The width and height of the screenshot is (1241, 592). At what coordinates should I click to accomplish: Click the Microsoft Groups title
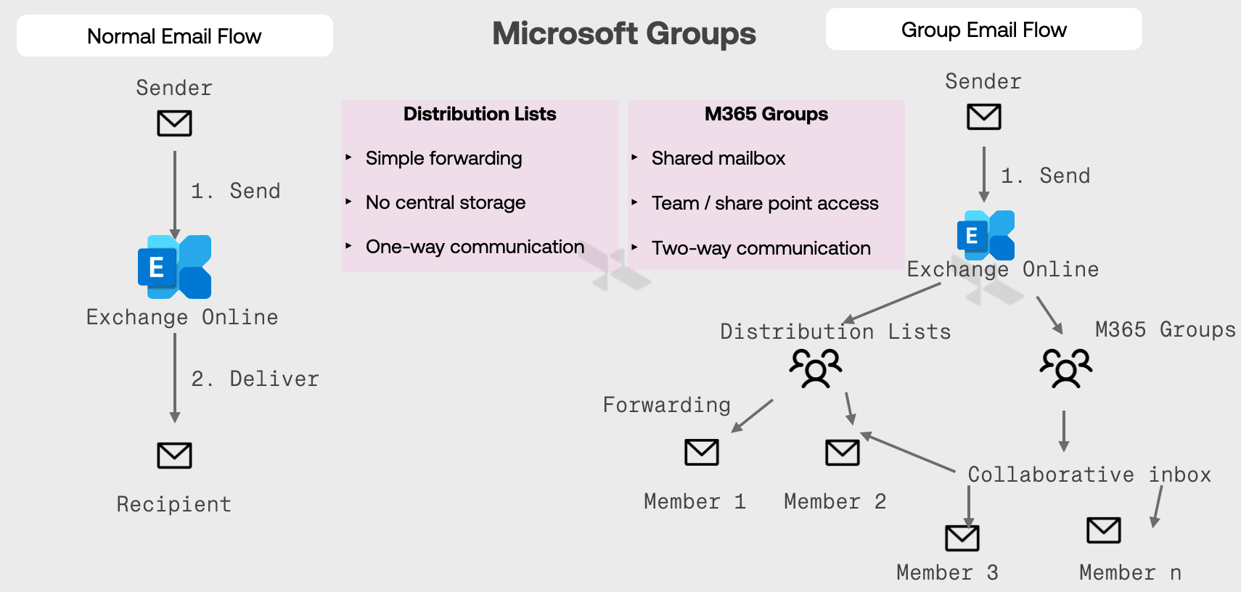pyautogui.click(x=623, y=33)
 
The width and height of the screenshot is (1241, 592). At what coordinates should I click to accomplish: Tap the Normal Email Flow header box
pyautogui.click(x=174, y=36)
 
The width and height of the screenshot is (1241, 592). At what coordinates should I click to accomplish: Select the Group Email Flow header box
pyautogui.click(x=983, y=30)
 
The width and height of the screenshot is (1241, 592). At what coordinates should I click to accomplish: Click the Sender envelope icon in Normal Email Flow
pyautogui.click(x=174, y=123)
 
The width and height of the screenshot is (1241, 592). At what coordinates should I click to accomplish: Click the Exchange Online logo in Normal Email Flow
pyautogui.click(x=175, y=266)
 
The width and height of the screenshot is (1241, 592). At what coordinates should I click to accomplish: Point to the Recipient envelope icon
pyautogui.click(x=174, y=456)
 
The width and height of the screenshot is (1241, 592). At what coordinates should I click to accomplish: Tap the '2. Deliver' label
pyautogui.click(x=255, y=379)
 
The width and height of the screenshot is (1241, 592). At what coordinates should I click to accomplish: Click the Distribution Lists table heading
pyautogui.click(x=479, y=114)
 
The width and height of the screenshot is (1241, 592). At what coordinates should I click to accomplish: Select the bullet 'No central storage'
pyautogui.click(x=445, y=202)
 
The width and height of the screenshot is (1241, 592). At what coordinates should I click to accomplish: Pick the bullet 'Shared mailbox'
pyautogui.click(x=718, y=158)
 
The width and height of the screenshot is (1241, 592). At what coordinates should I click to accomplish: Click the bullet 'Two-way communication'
pyautogui.click(x=761, y=248)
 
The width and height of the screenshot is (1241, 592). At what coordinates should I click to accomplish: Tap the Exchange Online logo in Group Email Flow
pyautogui.click(x=986, y=235)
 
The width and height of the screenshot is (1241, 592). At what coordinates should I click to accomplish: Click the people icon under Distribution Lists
pyautogui.click(x=816, y=368)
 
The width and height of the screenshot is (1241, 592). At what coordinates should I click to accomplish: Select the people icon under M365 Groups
pyautogui.click(x=1065, y=368)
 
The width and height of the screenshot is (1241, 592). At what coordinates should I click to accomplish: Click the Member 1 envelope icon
pyautogui.click(x=702, y=452)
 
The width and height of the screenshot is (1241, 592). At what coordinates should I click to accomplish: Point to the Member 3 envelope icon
pyautogui.click(x=962, y=538)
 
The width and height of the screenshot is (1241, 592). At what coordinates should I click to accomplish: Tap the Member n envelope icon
pyautogui.click(x=1103, y=530)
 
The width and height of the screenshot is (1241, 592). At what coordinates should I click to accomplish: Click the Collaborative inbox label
pyautogui.click(x=1089, y=474)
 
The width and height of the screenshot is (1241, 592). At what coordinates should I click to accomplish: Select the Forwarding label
pyautogui.click(x=666, y=405)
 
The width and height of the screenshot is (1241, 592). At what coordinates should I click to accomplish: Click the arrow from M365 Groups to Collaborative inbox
pyautogui.click(x=1064, y=431)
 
